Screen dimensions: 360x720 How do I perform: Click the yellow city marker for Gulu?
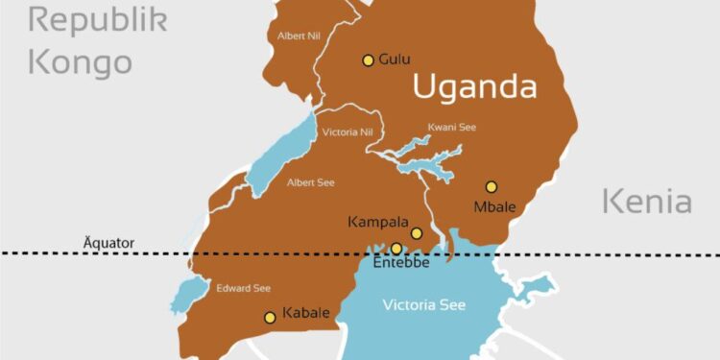(368, 60)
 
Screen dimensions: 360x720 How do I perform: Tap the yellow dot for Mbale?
(492, 187)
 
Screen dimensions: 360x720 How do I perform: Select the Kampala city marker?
(417, 233)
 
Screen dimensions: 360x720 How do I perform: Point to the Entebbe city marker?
(396, 249)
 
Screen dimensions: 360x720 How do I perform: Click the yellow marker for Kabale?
(270, 318)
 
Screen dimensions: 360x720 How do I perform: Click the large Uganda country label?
(474, 87)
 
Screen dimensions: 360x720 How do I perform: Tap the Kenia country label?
(646, 203)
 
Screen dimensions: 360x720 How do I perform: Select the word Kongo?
(80, 62)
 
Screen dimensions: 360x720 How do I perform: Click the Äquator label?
(108, 244)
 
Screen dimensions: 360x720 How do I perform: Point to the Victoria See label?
(423, 305)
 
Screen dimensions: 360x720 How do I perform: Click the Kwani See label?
(451, 127)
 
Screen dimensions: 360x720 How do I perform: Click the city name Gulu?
(394, 60)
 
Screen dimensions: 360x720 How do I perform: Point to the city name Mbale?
(494, 206)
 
